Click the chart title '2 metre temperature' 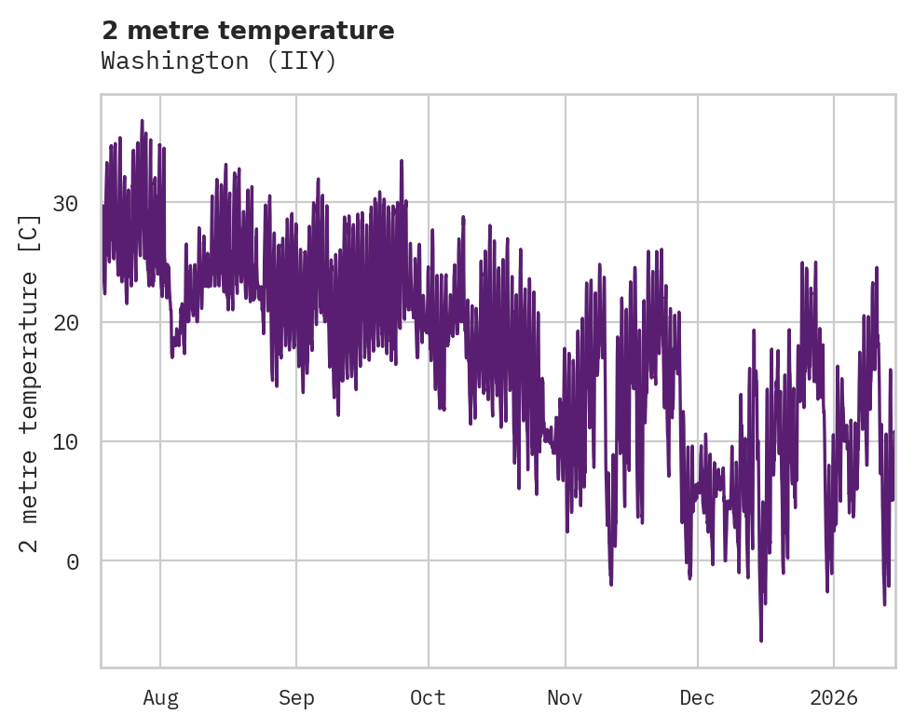[248, 31]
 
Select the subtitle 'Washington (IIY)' [218, 61]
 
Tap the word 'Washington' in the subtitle [172, 61]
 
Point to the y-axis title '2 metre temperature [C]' [30, 384]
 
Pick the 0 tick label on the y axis [72, 560]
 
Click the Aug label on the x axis [160, 698]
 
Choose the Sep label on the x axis [296, 698]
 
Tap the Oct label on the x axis [429, 698]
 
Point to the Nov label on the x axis [565, 698]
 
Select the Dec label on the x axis [697, 698]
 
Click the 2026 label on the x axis [834, 698]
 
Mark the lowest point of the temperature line [761, 640]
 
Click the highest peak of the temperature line [143, 121]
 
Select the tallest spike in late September [402, 161]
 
